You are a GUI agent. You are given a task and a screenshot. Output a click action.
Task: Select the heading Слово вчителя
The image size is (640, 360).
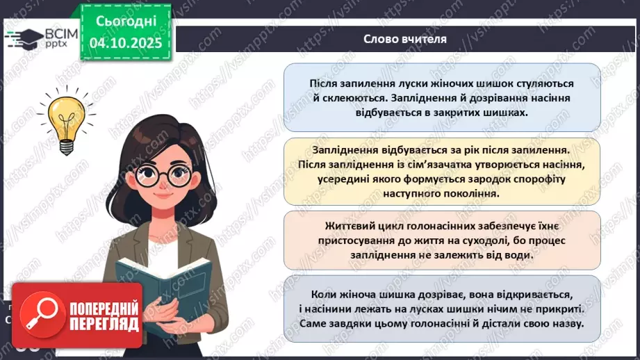pos(405,39)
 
